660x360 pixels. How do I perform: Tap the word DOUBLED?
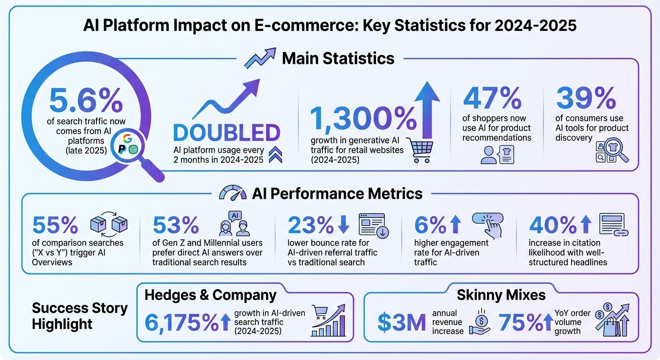[227, 133]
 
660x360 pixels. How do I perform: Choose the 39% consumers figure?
[585, 98]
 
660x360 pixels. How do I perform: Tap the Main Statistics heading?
[337, 59]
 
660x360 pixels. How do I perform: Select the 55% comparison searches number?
[55, 225]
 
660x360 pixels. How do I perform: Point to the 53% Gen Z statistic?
[176, 225]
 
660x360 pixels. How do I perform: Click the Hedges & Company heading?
[210, 295]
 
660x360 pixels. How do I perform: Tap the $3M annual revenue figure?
[402, 322]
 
